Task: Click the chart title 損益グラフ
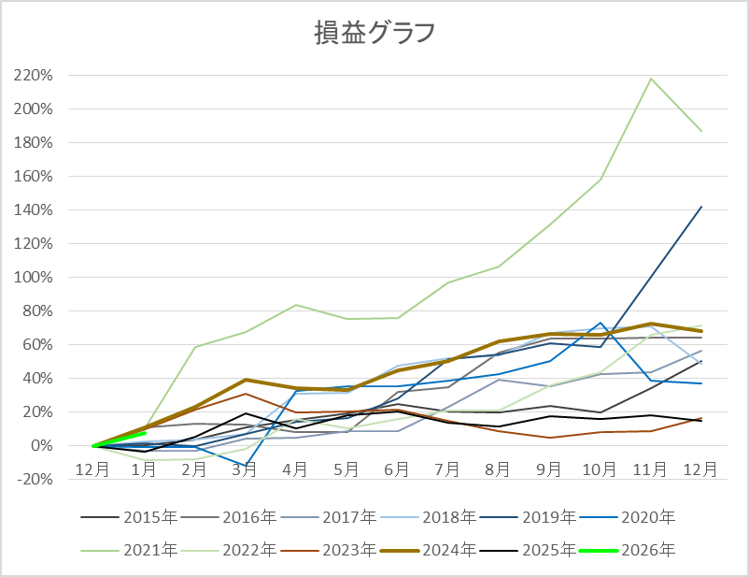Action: click(374, 33)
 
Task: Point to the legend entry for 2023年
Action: click(350, 551)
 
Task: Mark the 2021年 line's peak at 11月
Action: click(651, 79)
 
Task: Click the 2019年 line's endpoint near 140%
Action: click(701, 207)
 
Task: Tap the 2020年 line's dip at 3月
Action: click(245, 466)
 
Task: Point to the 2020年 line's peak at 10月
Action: click(601, 323)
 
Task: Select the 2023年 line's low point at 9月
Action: click(549, 438)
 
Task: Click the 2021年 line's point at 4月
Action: click(296, 305)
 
